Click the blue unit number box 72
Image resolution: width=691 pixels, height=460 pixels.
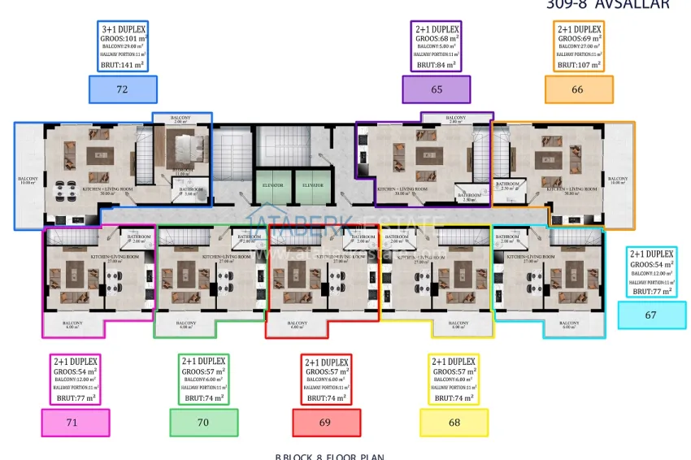tap(122, 89)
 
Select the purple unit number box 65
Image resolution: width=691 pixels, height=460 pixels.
tap(437, 89)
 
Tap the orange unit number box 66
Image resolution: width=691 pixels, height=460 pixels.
tap(577, 89)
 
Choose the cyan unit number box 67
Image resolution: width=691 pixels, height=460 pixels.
tap(651, 315)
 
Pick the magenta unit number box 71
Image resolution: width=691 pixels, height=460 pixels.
tap(75, 423)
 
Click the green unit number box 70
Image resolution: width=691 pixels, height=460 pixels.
tap(203, 423)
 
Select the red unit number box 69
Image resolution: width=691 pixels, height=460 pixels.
tap(325, 423)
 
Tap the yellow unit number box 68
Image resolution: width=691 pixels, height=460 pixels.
tap(454, 423)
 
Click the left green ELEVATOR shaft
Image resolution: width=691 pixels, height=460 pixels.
tap(273, 185)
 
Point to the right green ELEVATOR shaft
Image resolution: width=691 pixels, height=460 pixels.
tap(312, 185)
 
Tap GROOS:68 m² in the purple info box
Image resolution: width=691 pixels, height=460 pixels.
tap(437, 37)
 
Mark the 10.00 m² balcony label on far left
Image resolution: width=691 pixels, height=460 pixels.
tap(28, 182)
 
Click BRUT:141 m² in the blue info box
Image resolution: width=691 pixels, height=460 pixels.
tap(122, 64)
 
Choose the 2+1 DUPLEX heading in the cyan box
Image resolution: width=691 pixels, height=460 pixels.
tap(652, 254)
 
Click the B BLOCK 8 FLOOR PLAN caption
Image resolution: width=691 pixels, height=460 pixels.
tap(329, 456)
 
